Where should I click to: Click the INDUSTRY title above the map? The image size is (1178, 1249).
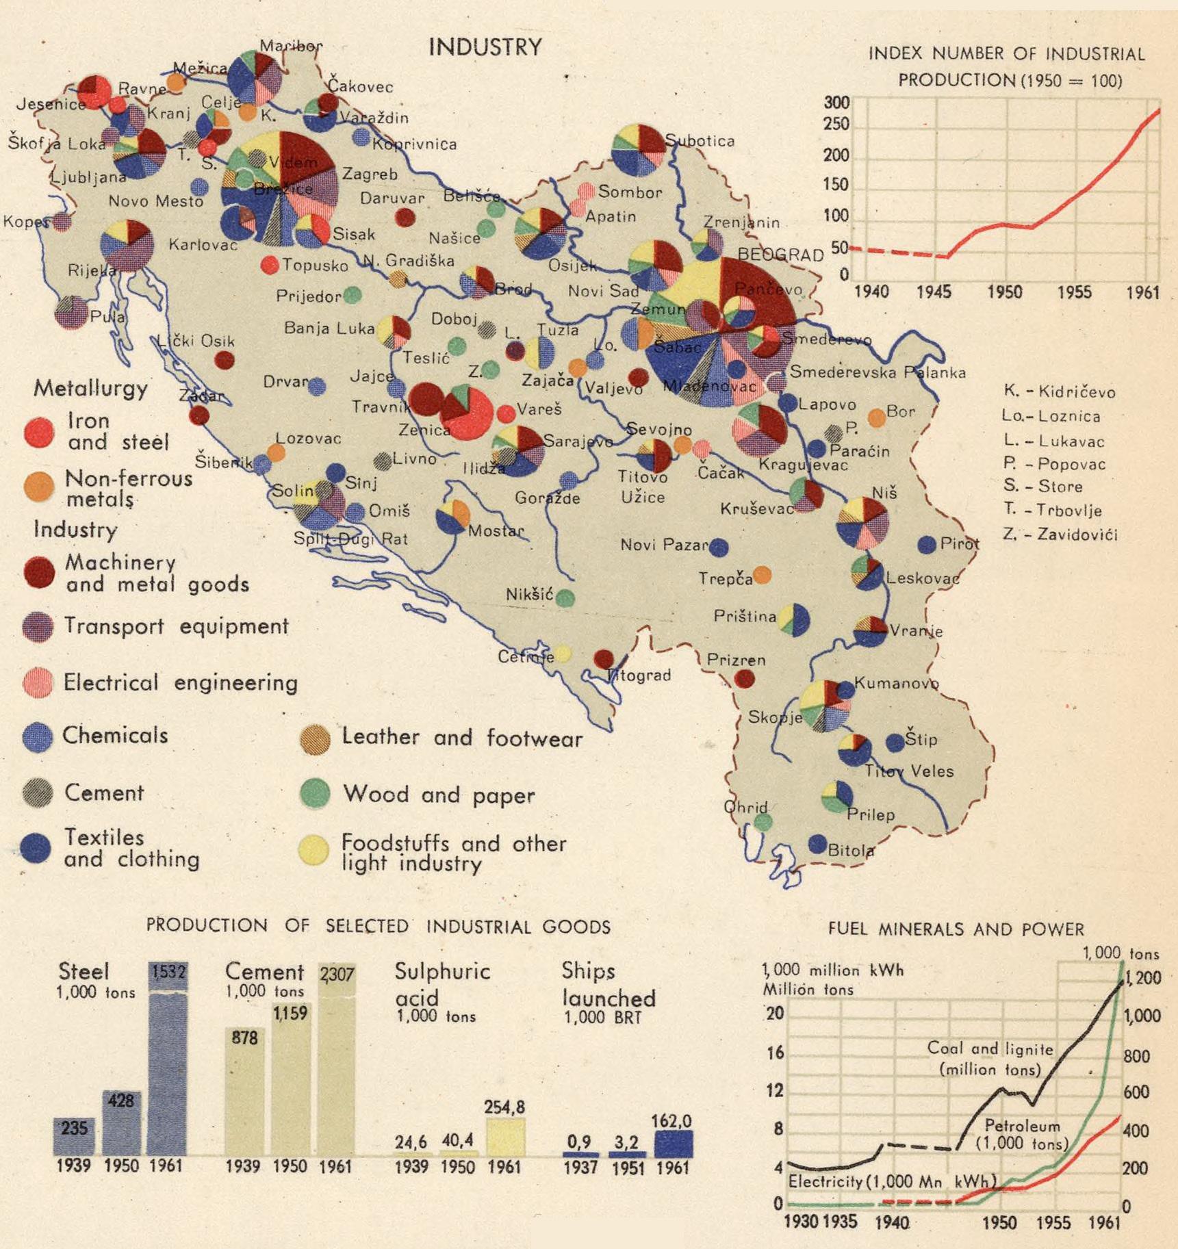[x=485, y=47]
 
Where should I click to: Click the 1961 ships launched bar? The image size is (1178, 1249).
[x=674, y=1144]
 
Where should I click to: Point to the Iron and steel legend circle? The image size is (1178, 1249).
[x=39, y=432]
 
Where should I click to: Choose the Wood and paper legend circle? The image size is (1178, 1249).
[x=315, y=793]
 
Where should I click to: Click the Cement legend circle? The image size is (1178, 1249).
[x=38, y=793]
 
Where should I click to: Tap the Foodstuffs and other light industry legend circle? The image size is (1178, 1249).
[x=314, y=849]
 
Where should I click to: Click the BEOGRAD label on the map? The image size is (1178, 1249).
[x=780, y=255]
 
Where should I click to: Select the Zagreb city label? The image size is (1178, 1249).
[x=370, y=175]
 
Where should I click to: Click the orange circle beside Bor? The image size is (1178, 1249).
[x=877, y=417]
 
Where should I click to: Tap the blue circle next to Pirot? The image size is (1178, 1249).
[x=927, y=545]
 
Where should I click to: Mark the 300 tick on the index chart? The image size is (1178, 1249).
[x=836, y=103]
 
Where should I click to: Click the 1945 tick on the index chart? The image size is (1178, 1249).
[x=934, y=292]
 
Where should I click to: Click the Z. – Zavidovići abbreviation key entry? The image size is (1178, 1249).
[x=1060, y=534]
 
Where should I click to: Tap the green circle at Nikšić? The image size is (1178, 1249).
[x=565, y=598]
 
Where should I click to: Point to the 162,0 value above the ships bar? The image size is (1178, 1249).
[x=671, y=1121]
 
